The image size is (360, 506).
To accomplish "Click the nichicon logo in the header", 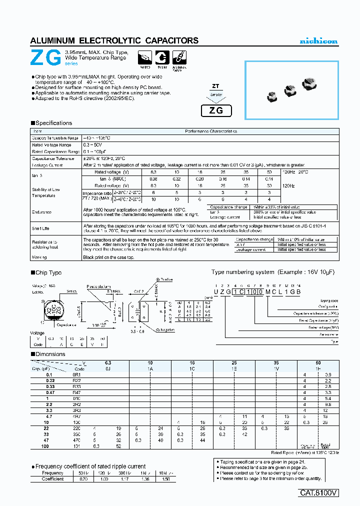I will click(318, 41).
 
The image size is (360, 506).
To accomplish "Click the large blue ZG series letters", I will click(46, 58).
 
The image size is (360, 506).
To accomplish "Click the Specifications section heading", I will click(53, 123).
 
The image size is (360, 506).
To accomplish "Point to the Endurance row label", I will click(42, 212).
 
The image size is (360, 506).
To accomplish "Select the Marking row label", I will click(39, 257).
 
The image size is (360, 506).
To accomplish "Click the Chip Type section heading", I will click(48, 272).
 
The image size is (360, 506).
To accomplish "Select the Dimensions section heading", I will click(50, 354).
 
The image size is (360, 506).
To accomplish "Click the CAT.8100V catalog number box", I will click(319, 492).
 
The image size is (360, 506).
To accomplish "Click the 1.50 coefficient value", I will click(163, 479).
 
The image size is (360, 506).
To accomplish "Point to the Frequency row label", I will click(52, 473).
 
